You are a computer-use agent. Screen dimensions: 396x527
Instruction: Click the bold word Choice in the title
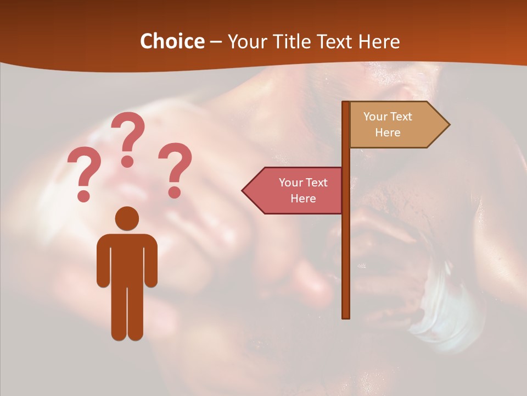tap(172, 41)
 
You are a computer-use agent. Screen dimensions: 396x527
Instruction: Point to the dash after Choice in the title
tap(216, 42)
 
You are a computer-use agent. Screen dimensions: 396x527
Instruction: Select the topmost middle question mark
tap(128, 137)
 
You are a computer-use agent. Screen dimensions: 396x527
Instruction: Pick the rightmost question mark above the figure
tap(175, 169)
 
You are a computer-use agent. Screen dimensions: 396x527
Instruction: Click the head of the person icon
tap(127, 218)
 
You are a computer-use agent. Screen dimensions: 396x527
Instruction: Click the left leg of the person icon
tap(119, 313)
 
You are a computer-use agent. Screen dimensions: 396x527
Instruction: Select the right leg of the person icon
tap(136, 313)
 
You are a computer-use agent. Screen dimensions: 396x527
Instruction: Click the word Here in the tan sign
tap(388, 133)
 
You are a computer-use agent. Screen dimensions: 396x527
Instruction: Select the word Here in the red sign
tap(303, 199)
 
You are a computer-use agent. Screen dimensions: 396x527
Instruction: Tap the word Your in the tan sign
tap(375, 117)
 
